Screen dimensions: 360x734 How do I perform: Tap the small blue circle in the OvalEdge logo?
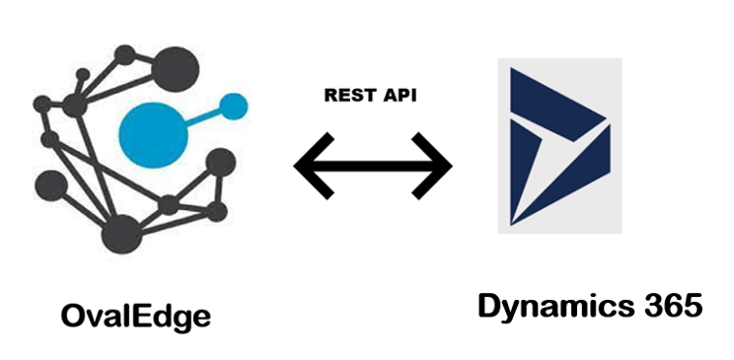click(x=234, y=104)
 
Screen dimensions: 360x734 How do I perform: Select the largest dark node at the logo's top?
click(x=178, y=65)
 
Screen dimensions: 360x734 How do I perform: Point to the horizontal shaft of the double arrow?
click(x=374, y=165)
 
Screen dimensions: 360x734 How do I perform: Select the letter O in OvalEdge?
click(x=71, y=317)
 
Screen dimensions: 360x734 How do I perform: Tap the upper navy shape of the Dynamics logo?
click(x=552, y=94)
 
